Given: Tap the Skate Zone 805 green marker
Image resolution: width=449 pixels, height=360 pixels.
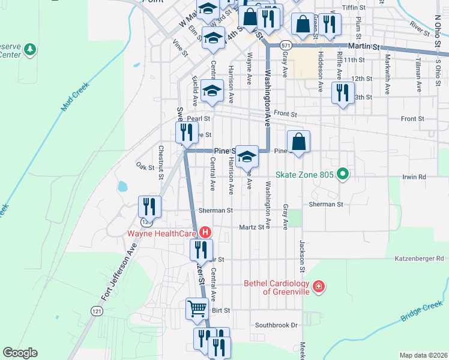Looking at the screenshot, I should click(343, 176).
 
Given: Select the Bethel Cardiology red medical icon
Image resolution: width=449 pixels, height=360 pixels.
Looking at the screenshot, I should click(318, 287).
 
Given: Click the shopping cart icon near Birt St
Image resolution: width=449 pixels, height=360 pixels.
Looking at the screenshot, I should click(197, 309).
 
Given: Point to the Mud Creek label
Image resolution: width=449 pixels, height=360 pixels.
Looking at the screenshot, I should click(74, 96).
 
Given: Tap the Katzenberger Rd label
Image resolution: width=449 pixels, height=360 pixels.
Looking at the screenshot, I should click(419, 259).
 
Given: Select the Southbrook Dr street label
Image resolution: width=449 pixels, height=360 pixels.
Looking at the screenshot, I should click(276, 325).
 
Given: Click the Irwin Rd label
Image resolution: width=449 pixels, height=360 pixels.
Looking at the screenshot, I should click(414, 177).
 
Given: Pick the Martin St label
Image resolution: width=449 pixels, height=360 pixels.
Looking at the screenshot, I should click(366, 46).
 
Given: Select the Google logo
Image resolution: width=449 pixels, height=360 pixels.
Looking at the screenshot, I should click(20, 353).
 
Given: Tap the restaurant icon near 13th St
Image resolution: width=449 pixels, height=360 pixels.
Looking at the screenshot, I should click(343, 93).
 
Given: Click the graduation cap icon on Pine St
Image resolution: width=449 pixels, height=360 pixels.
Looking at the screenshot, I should click(246, 157).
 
